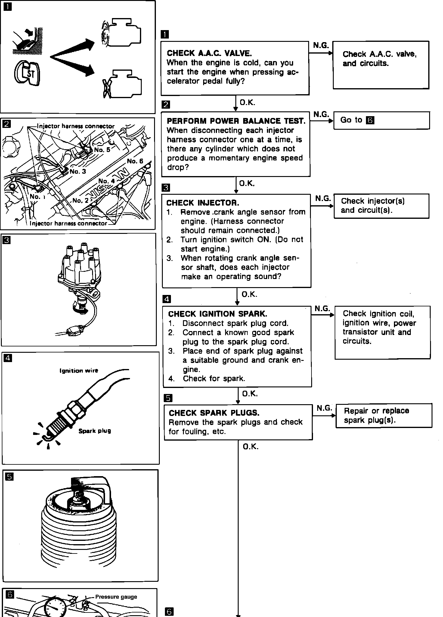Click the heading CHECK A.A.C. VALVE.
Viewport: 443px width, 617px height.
coord(209,54)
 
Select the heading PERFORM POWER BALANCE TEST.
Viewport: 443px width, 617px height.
coord(236,121)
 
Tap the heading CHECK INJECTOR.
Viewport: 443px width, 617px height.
coord(203,203)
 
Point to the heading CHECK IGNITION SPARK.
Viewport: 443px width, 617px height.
coord(217,314)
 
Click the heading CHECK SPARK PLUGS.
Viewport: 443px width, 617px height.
coord(214,413)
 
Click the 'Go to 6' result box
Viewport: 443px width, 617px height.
coord(381,120)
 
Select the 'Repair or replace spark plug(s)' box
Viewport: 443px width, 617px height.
coord(383,415)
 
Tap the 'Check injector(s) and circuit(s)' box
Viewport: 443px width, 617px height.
coord(381,206)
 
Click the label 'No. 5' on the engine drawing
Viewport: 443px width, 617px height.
coord(102,150)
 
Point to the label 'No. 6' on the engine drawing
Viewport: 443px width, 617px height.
coord(135,161)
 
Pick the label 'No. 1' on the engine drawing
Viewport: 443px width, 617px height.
coord(37,197)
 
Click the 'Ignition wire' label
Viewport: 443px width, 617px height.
coord(79,371)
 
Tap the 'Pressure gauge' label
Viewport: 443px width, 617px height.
coord(116,597)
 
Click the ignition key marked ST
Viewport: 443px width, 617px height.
coord(27,73)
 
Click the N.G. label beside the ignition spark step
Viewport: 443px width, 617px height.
coord(322,308)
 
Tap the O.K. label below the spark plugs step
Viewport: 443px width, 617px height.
coord(250,447)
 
